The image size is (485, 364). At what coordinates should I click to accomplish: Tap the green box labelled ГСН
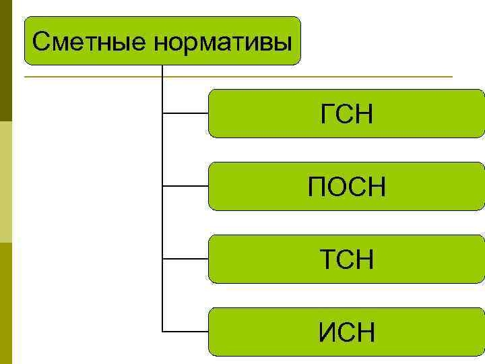tap(346, 113)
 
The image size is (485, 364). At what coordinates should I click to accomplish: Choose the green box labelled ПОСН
tap(346, 186)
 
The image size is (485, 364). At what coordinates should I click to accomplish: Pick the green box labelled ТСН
tap(346, 259)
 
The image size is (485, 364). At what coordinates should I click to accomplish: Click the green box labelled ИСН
tap(346, 332)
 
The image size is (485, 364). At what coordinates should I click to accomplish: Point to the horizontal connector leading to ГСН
tap(185, 113)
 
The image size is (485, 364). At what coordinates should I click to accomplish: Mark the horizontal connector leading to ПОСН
tap(185, 186)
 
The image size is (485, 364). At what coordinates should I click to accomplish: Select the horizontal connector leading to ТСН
tap(185, 259)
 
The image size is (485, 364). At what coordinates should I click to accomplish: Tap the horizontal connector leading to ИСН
tap(185, 332)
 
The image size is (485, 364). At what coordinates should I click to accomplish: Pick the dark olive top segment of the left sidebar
tap(6, 61)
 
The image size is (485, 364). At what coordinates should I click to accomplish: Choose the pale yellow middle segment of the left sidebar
tap(6, 182)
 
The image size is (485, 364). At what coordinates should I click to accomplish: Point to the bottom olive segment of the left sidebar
tap(6, 303)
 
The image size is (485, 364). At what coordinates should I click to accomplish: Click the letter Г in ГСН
tap(327, 114)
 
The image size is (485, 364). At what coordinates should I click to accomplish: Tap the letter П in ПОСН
tap(317, 187)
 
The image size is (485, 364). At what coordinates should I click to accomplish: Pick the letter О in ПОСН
tap(336, 187)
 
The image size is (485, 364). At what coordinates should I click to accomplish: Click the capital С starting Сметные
tap(40, 42)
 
